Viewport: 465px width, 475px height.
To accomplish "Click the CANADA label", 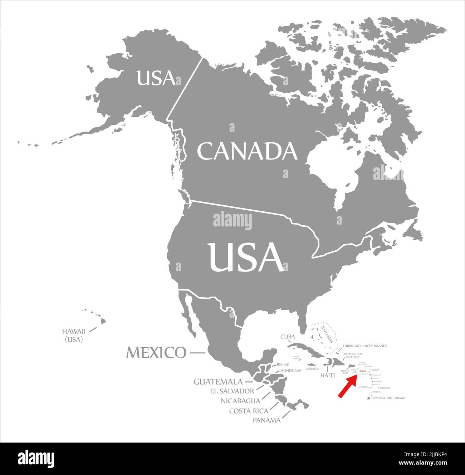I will coord(247,151).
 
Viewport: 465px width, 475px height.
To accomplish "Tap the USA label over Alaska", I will coord(156,78).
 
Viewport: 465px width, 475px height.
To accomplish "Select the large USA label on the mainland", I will coord(246,257).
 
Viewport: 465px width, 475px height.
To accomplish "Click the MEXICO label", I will coord(156,353).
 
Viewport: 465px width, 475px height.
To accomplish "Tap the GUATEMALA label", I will coord(218,382).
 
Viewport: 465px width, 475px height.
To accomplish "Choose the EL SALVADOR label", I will coord(232,391).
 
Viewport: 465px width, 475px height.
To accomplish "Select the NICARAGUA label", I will coord(240,401).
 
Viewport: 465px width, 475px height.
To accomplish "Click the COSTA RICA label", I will coord(248,411).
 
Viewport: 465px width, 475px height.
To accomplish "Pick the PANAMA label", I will coord(266,420).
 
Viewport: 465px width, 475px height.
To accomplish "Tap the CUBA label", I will coord(288,337).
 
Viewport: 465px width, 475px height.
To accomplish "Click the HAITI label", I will coord(327,376).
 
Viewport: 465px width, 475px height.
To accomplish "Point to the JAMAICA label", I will coord(312,368).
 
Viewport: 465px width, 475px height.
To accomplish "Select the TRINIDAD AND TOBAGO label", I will coord(388,398).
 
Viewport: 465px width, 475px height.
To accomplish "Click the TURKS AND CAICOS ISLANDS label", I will coord(365,346).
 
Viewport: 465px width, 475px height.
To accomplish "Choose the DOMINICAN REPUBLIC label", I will coord(353,356).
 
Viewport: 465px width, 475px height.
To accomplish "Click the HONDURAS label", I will coord(291,371).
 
